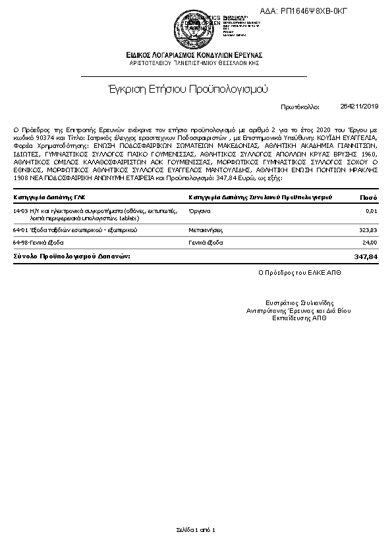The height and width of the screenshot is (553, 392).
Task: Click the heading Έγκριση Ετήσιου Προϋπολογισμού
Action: pyautogui.click(x=188, y=87)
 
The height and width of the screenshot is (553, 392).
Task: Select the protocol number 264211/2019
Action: pyautogui.click(x=360, y=106)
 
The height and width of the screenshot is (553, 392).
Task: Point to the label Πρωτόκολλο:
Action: pyautogui.click(x=300, y=106)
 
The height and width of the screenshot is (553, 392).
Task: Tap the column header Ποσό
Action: pyautogui.click(x=368, y=197)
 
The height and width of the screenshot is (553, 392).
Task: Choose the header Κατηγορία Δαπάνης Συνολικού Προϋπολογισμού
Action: pyautogui.click(x=260, y=197)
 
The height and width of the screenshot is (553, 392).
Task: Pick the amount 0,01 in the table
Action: pyautogui.click(x=371, y=210)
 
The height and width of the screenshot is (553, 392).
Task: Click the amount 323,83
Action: pyautogui.click(x=367, y=230)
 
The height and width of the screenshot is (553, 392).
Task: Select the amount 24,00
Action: pyautogui.click(x=369, y=243)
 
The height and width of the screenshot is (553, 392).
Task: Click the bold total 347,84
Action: pyautogui.click(x=365, y=256)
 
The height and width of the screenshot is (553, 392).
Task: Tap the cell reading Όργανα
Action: pyautogui.click(x=200, y=210)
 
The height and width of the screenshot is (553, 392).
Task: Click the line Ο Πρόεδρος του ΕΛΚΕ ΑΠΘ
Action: pyautogui.click(x=296, y=272)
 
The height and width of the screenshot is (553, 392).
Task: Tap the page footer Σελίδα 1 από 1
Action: pyautogui.click(x=196, y=529)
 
